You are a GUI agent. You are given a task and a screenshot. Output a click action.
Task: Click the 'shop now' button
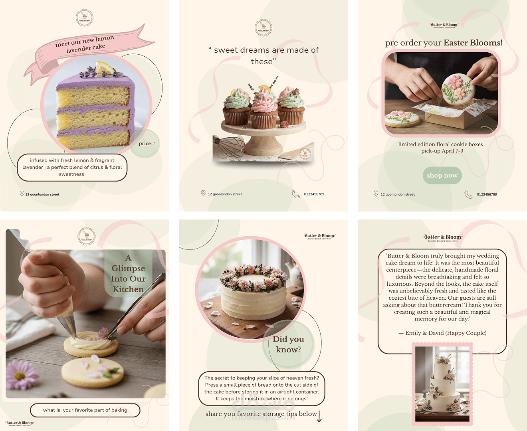click(x=442, y=176)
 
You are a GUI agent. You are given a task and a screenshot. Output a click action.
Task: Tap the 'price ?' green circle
click(x=147, y=144)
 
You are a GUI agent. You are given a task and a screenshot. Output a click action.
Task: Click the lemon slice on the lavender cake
click(x=105, y=67)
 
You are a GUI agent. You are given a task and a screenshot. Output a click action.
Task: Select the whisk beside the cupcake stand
click(x=229, y=146)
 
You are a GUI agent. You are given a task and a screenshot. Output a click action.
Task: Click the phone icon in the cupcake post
click(x=295, y=194)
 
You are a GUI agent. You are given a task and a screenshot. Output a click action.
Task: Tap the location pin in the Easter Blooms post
click(x=376, y=194)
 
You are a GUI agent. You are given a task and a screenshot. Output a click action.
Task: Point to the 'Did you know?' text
click(x=288, y=344)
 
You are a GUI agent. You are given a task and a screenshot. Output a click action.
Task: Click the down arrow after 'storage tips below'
click(x=319, y=416)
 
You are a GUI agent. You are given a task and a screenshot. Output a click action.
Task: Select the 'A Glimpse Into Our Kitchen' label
click(x=128, y=274)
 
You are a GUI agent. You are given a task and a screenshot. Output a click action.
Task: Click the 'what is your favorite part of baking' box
click(x=85, y=410)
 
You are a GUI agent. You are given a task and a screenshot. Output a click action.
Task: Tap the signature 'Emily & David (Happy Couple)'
click(x=442, y=333)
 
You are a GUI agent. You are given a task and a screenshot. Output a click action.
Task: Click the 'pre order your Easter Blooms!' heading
click(x=444, y=43)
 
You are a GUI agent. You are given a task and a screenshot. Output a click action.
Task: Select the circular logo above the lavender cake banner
click(x=85, y=18)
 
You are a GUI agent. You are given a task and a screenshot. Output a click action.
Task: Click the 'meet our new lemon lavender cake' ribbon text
click(x=85, y=44)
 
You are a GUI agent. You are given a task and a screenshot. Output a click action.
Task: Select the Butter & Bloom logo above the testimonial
click(x=443, y=238)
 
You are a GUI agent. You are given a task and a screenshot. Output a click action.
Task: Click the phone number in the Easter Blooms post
click(x=487, y=194)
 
